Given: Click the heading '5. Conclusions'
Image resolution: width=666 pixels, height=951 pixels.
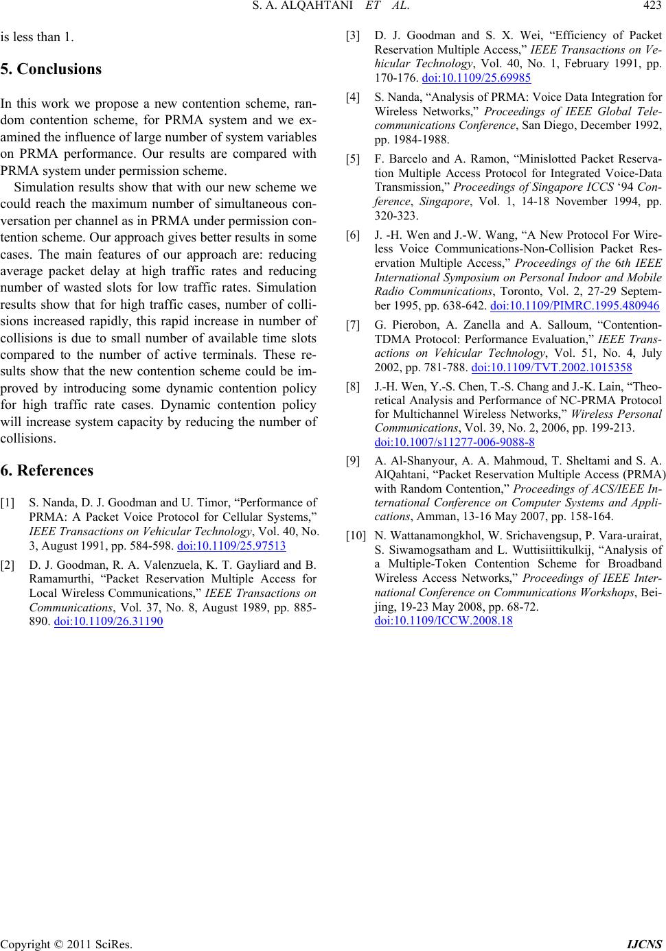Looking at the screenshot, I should (x=51, y=69).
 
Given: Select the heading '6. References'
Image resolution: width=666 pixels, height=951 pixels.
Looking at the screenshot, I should (x=47, y=470).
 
